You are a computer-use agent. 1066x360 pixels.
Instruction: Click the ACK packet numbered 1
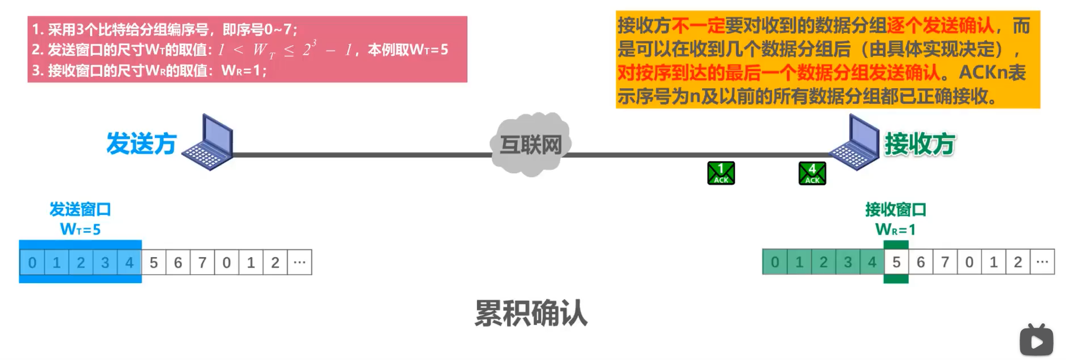pos(721,173)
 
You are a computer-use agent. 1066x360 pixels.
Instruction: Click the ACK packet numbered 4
pos(812,173)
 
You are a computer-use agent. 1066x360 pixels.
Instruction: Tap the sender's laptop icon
pos(210,142)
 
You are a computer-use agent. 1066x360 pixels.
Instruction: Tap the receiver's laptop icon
pos(854,142)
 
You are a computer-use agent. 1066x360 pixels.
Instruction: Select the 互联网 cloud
pos(530,145)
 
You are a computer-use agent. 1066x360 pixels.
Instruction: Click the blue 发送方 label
pos(141,144)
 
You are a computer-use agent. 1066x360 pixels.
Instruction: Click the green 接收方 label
pos(920,144)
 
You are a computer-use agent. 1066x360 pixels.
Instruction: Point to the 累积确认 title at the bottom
pos(531,313)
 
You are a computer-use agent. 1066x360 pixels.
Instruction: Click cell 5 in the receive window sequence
pos(896,262)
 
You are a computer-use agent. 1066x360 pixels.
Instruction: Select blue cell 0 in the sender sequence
pos(32,263)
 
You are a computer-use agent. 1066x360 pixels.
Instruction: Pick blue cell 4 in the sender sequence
pos(129,263)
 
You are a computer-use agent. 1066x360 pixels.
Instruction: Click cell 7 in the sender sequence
pos(202,263)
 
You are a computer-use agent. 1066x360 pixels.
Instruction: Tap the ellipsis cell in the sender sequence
pos(300,263)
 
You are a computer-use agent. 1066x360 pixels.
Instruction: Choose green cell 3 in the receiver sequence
pos(848,262)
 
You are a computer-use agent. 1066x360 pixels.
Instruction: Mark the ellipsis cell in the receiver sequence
pos(1042,262)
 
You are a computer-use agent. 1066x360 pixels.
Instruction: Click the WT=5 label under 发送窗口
pos(80,229)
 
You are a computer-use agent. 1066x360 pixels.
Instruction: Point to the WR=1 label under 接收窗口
pos(895,229)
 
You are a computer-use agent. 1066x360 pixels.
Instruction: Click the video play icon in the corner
pos(1036,341)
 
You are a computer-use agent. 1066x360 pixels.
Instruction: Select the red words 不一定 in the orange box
pos(697,25)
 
